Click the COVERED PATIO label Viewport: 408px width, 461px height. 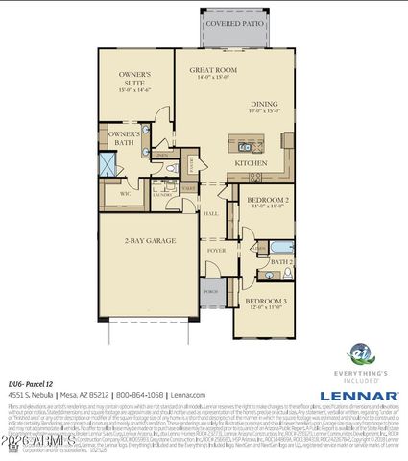click(x=236, y=21)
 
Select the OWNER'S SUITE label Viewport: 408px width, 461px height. click(x=135, y=76)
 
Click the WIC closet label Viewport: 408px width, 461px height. click(x=124, y=193)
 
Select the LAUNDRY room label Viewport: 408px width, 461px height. click(x=161, y=193)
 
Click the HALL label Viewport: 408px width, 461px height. click(x=210, y=213)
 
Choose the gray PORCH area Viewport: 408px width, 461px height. click(x=210, y=290)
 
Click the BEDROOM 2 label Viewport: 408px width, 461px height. click(x=270, y=202)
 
